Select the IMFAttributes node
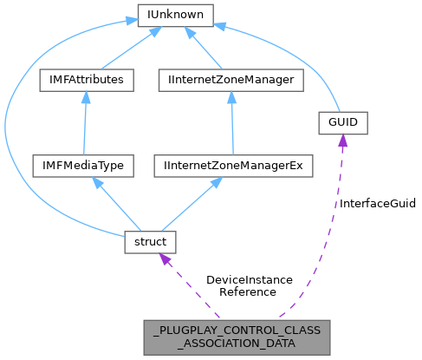tap(84, 80)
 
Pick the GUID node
tap(343, 123)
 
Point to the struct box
tap(151, 240)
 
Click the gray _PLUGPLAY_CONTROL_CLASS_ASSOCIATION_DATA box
tap(237, 337)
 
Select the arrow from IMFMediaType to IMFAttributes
tap(84, 121)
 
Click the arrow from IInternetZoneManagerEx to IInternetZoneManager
tap(232, 121)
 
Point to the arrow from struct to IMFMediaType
tap(117, 203)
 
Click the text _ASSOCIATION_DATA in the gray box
tap(237, 344)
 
